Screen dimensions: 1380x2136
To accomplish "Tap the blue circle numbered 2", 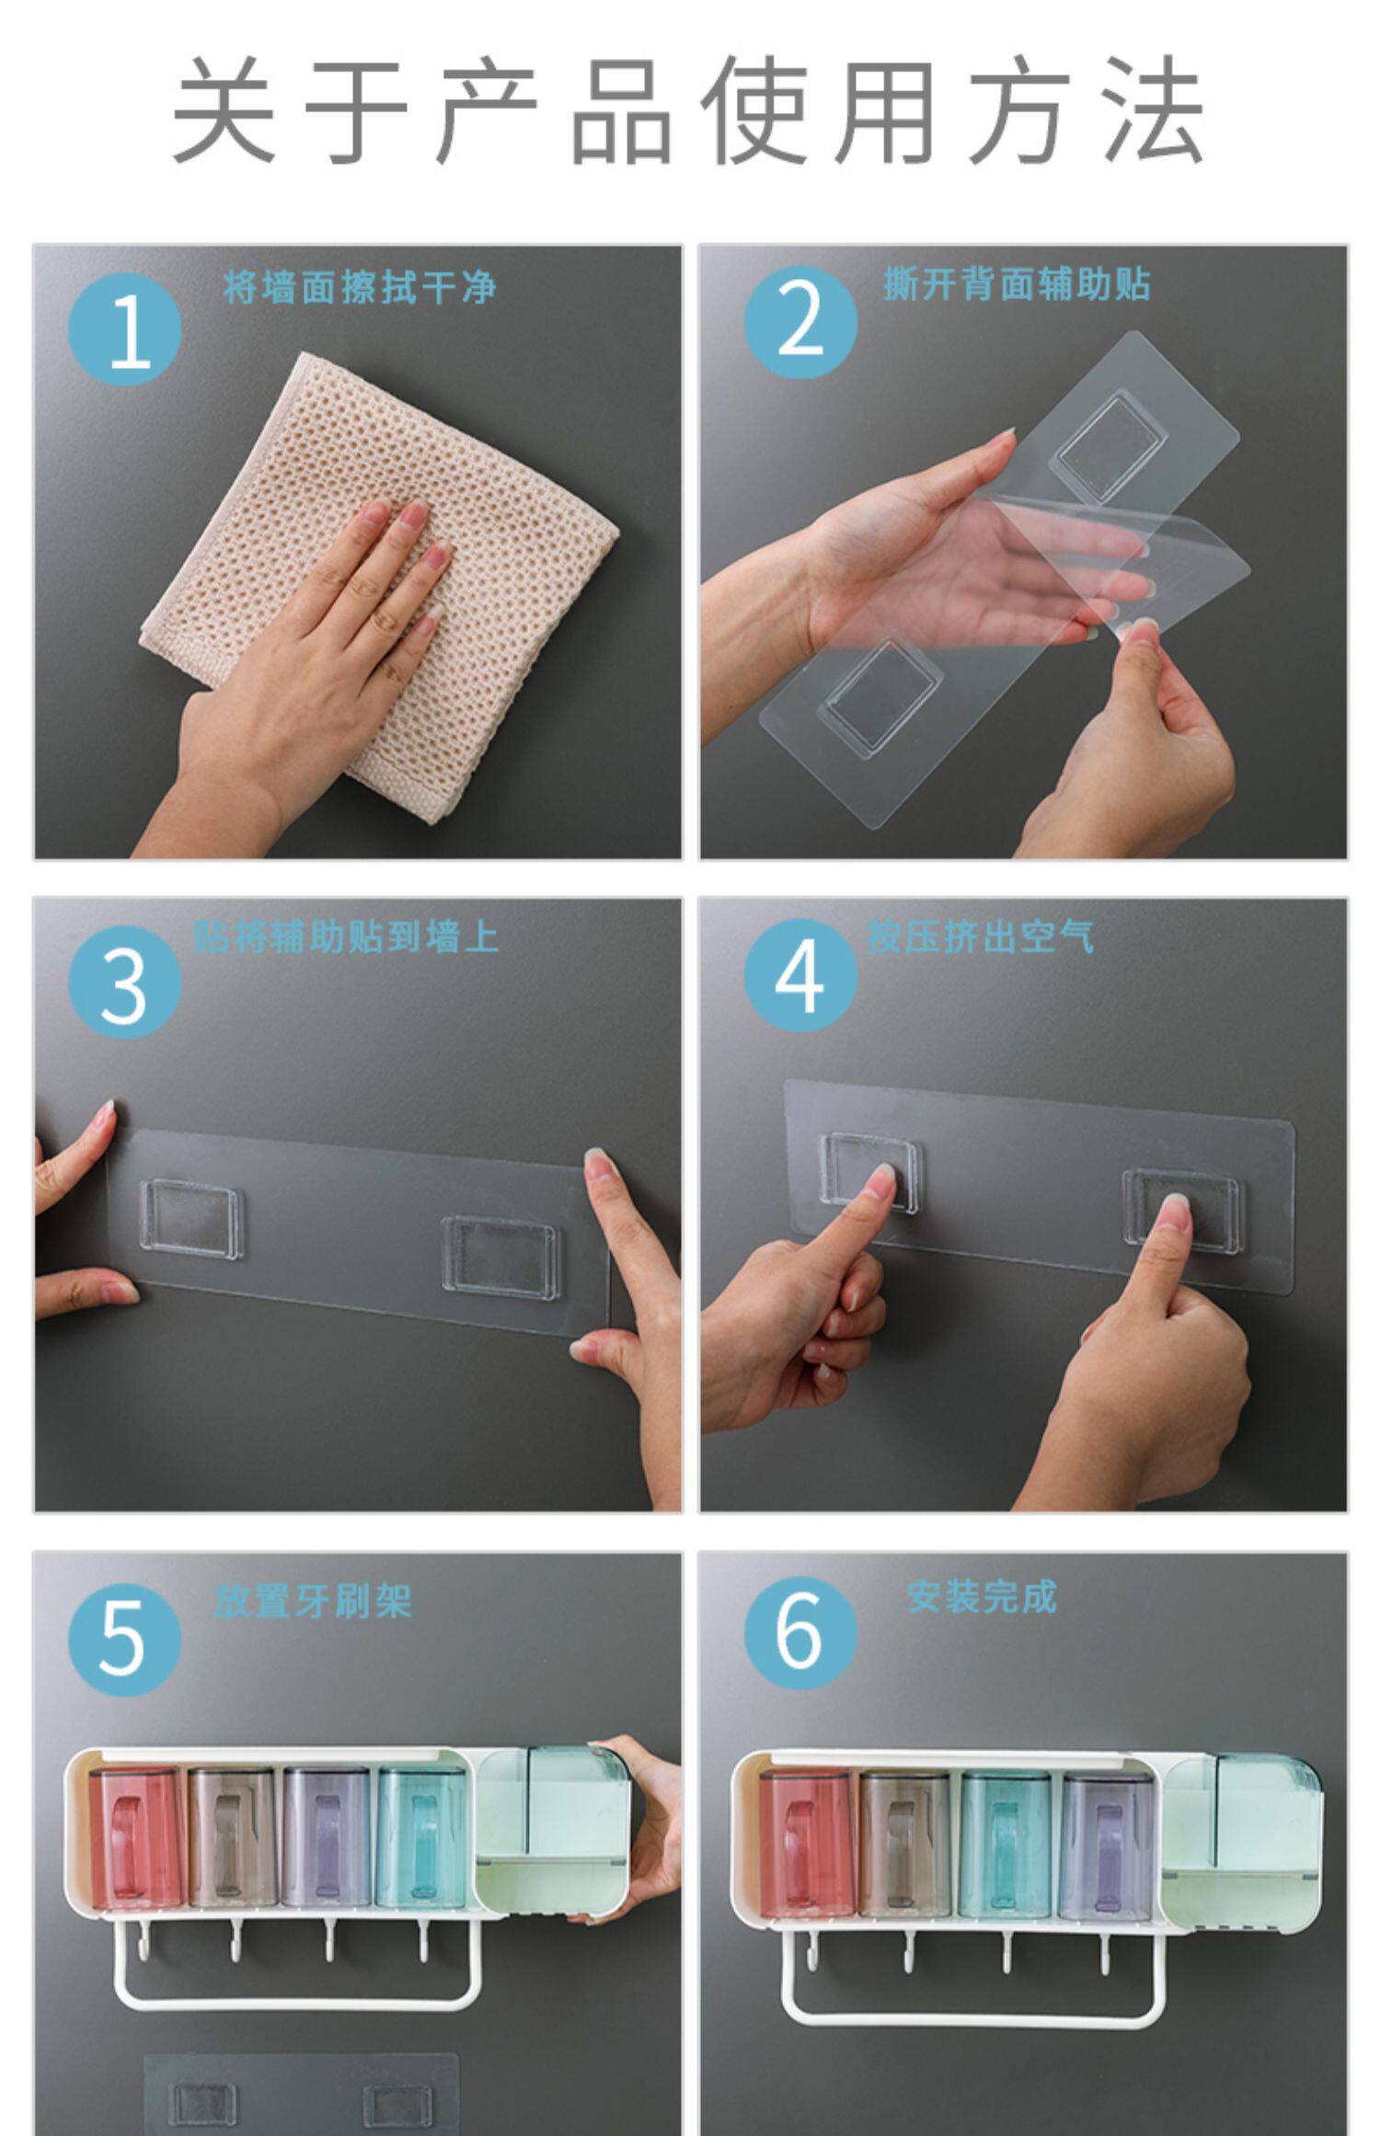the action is [800, 322].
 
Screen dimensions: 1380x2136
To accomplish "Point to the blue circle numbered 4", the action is [800, 975].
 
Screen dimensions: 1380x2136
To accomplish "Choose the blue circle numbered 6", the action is [800, 1632].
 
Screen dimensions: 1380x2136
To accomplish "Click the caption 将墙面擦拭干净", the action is [360, 288].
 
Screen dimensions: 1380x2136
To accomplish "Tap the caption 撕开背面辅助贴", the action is [1018, 283].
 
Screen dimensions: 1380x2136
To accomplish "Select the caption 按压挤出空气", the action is [981, 936].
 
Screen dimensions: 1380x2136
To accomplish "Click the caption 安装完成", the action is [982, 1597].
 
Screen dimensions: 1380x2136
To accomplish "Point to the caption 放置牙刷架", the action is [313, 1602].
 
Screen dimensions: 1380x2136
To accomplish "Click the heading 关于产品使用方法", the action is [688, 109].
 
